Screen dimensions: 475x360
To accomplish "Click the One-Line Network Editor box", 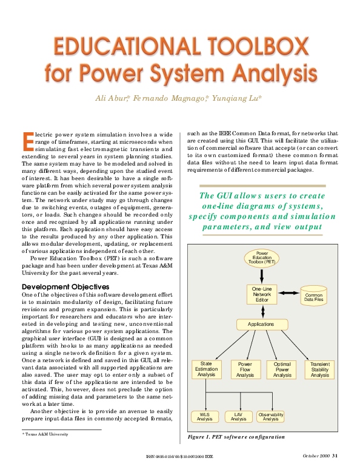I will (262, 294).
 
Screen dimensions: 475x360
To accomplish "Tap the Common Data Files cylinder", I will (313, 296).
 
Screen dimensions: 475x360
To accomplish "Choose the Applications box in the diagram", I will (261, 325).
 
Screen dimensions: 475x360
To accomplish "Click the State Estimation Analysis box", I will (206, 369).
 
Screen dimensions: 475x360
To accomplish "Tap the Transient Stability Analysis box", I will (320, 369).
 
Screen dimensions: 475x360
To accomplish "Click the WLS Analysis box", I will (205, 416).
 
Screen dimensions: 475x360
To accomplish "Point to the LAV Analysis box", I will (238, 416).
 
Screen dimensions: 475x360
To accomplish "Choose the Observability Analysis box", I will (271, 416).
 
